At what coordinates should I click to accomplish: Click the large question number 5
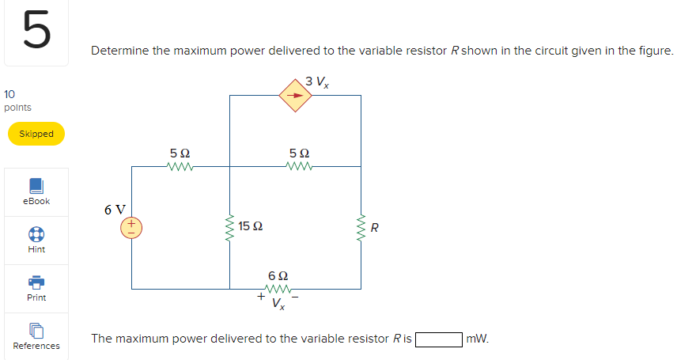tap(36, 32)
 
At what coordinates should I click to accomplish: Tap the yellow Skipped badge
tap(36, 134)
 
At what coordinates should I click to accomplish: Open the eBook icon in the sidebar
tap(36, 186)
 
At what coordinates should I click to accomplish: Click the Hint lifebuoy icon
tap(36, 235)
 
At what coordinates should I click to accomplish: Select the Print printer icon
tap(36, 283)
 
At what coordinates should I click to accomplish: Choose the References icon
tap(36, 331)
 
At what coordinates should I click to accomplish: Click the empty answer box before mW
tap(439, 339)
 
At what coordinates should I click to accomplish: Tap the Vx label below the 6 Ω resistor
tap(278, 303)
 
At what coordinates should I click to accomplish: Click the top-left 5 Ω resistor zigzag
tap(180, 167)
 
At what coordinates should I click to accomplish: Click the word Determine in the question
tap(119, 51)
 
